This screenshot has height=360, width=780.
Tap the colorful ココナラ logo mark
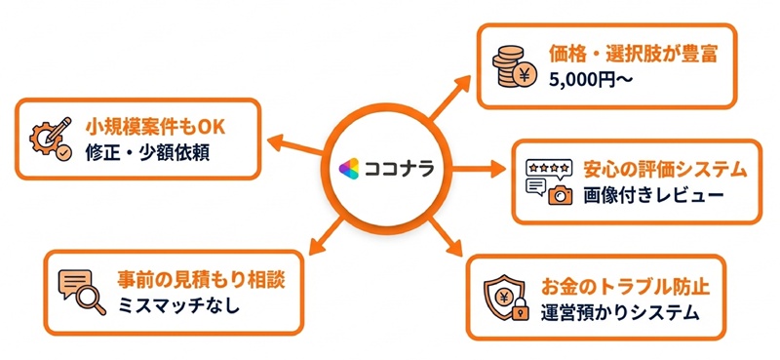349,169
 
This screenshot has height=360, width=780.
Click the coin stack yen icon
515,66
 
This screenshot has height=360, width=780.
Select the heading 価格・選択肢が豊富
633,55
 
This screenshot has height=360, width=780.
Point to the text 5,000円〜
591,80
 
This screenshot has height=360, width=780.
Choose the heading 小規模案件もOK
156,128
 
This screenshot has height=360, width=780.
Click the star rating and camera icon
549,182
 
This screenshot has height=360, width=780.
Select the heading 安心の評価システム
666,171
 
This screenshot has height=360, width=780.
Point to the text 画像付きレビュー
653,196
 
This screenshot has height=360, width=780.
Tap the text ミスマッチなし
178,305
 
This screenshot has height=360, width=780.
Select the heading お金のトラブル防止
624,288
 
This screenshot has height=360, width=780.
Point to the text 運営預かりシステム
620,313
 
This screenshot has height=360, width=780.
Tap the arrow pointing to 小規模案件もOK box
295,145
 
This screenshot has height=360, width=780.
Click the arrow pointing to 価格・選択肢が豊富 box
449,98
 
